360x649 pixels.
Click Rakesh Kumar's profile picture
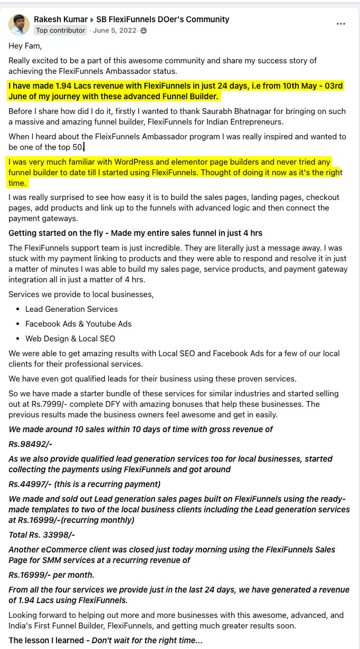19,25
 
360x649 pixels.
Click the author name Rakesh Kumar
60,20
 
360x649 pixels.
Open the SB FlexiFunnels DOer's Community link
163,20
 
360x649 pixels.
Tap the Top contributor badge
60,31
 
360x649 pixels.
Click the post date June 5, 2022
115,31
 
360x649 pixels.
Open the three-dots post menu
341,24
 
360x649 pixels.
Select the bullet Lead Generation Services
71,309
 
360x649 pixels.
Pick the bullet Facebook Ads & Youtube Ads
78,324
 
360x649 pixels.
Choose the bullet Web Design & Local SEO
70,339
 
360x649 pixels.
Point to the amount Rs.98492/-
30,444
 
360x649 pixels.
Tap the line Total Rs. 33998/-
42,535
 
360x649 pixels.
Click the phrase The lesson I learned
46,641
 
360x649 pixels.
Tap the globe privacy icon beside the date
144,31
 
